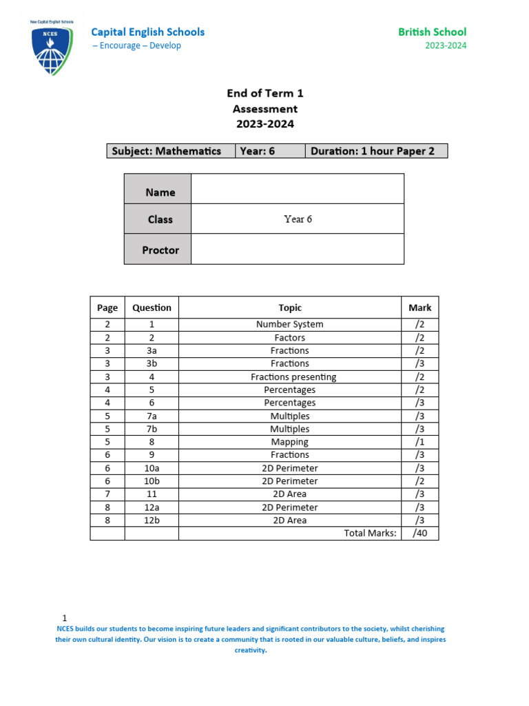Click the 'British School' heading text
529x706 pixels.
(x=432, y=32)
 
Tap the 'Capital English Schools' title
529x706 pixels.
(x=148, y=32)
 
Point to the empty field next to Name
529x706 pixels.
(x=297, y=188)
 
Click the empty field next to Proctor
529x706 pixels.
(x=297, y=249)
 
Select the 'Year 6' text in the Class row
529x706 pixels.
(x=298, y=219)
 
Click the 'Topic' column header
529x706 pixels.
(x=290, y=307)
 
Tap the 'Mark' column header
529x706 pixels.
(x=419, y=307)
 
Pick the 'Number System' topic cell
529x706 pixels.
(x=290, y=324)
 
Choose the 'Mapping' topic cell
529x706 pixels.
(x=290, y=442)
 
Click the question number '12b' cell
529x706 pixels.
(x=152, y=521)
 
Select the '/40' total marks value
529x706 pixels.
(x=419, y=533)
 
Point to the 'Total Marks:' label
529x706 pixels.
(x=371, y=533)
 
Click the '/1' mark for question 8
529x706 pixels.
(x=419, y=442)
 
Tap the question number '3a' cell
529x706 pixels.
(x=152, y=350)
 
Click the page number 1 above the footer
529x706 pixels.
(x=65, y=618)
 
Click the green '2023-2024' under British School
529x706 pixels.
(x=446, y=46)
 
